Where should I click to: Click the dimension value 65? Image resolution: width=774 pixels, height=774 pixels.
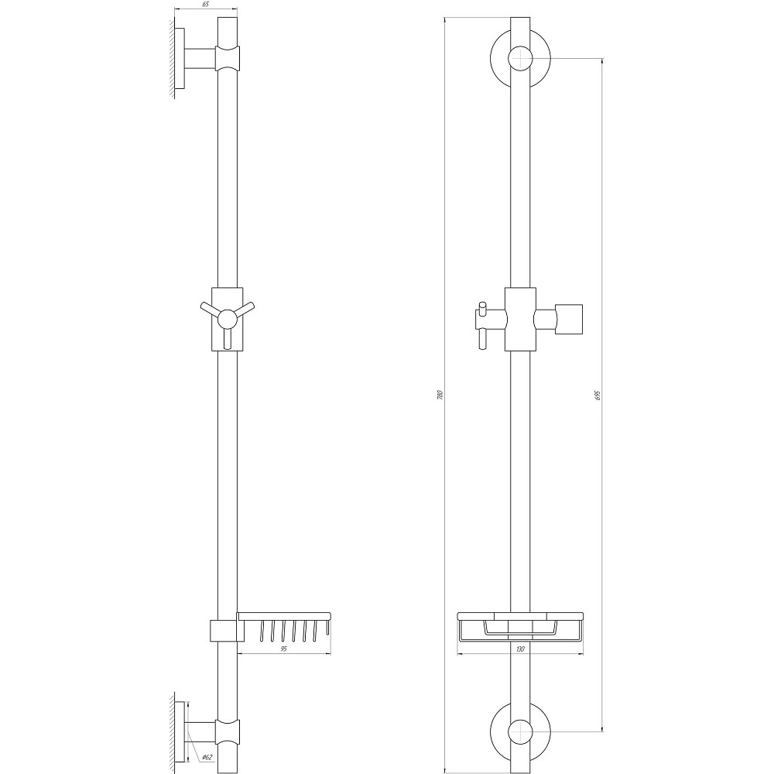206,5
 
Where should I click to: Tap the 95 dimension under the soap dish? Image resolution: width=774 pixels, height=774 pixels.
284,649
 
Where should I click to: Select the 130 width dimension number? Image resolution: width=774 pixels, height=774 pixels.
522,649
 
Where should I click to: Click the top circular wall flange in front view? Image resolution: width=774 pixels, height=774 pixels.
500,59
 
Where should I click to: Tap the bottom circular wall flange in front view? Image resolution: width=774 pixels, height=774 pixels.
500,731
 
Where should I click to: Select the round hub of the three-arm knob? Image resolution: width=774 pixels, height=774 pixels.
227,317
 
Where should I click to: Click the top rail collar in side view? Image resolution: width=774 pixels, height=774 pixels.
228,57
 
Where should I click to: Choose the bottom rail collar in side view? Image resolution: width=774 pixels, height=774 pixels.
228,731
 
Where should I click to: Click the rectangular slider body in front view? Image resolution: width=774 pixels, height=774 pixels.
520,319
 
